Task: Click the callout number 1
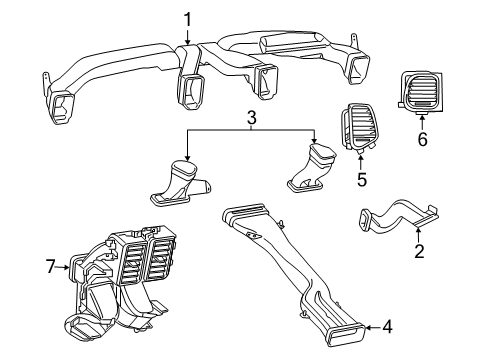[x=187, y=17]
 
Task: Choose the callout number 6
[x=422, y=140]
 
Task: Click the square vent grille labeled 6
[x=424, y=92]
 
